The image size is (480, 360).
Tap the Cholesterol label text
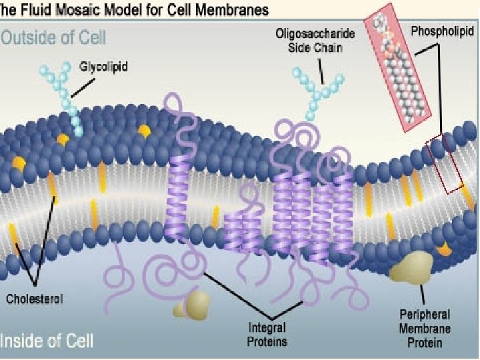tap(35, 299)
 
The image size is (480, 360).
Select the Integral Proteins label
tap(267, 335)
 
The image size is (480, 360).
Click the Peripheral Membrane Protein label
tap(424, 329)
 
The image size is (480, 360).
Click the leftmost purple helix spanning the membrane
tap(178, 193)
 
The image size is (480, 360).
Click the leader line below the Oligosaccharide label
tap(323, 70)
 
